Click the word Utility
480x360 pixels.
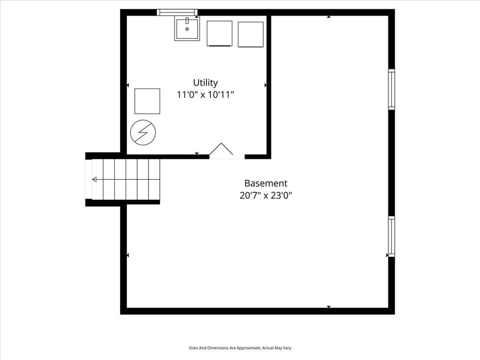click(205, 83)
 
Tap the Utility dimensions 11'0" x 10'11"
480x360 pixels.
click(205, 95)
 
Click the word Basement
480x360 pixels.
click(266, 183)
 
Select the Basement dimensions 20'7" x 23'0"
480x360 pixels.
click(266, 195)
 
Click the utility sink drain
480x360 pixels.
click(187, 29)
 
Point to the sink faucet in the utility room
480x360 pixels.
click(187, 21)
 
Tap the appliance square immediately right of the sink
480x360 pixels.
click(219, 34)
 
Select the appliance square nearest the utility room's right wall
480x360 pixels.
click(251, 34)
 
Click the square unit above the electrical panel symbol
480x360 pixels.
click(147, 101)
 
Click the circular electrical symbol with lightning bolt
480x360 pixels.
click(143, 133)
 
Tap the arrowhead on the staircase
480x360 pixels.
click(94, 180)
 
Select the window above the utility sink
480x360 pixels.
click(177, 12)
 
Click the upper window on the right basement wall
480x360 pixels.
click(391, 89)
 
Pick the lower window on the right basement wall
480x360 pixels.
click(391, 236)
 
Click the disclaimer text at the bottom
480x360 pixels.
click(240, 348)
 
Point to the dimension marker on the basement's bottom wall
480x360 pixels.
click(329, 307)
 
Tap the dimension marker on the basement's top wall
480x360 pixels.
click(329, 17)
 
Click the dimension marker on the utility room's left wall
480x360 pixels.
click(128, 85)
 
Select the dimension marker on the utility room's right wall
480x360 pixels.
click(265, 85)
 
